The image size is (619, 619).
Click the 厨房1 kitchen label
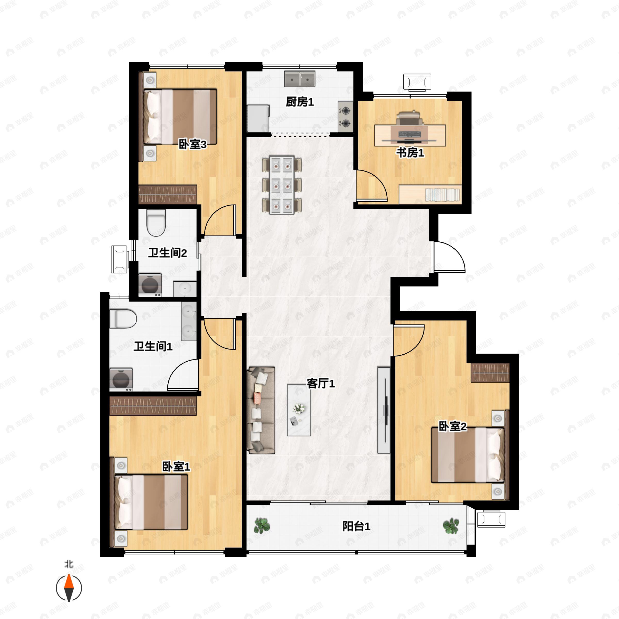point(299,102)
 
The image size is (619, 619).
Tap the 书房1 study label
point(410,153)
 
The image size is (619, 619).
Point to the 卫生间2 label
point(167,253)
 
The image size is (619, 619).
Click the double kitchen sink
point(299,79)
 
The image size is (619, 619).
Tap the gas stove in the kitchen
point(345,117)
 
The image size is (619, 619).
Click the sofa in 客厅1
point(261,410)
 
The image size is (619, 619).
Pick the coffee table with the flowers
point(299,410)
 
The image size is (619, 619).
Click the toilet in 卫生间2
point(156,222)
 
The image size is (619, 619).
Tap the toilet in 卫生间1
point(123,319)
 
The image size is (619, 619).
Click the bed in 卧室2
point(468,455)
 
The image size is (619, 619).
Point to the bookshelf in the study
point(430,194)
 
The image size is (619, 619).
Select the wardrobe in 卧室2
point(490,373)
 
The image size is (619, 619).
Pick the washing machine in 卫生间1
point(121,380)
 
